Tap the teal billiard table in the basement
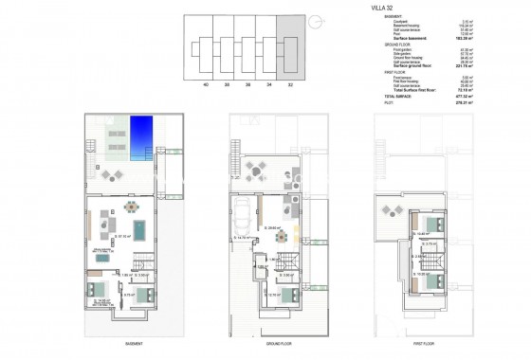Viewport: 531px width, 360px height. pos(140,228)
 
